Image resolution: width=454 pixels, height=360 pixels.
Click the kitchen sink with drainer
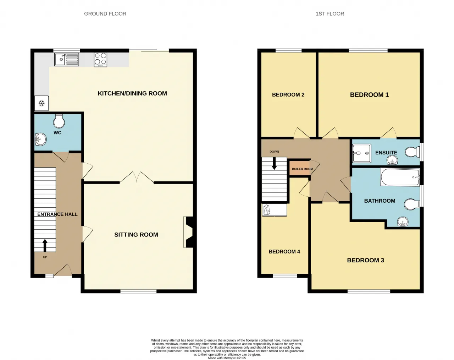click(67, 59)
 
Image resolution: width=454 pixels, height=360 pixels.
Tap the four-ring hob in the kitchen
click(100, 60)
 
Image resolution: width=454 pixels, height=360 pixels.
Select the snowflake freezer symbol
click(41, 103)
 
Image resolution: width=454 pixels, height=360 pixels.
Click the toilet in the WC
click(59, 121)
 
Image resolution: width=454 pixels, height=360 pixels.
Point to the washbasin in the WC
click(40, 140)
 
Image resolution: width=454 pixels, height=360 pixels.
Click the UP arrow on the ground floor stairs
click(45, 245)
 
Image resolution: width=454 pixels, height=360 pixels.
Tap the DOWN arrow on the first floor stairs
click(274, 163)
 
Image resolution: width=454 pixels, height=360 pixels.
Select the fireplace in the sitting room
click(190, 232)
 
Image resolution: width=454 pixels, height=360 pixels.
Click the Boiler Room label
click(302, 169)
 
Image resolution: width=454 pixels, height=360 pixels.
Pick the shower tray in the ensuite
click(361, 153)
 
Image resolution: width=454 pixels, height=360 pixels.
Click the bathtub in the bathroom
click(400, 177)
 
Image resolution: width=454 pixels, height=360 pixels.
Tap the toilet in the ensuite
click(413, 152)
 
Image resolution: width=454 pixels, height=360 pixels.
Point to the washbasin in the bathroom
click(403, 222)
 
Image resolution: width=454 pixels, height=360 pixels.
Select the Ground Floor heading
click(105, 14)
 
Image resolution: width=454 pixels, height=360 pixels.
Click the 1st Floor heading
click(330, 14)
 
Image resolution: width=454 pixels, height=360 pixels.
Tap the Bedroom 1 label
click(369, 95)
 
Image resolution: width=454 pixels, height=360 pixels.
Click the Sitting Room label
click(136, 235)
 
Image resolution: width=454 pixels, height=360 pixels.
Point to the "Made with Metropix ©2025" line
click(227, 358)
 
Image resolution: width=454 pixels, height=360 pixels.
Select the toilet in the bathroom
click(412, 204)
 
